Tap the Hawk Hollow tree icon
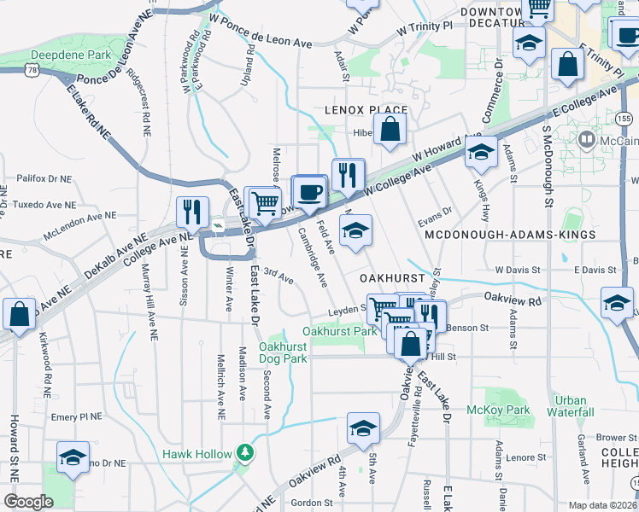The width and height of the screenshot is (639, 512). pyautogui.click(x=245, y=451)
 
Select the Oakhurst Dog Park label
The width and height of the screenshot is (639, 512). pyautogui.click(x=283, y=352)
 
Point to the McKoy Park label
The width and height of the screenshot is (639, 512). pyautogui.click(x=507, y=410)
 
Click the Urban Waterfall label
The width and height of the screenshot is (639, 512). pyautogui.click(x=570, y=406)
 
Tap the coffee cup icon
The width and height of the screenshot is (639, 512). pyautogui.click(x=308, y=192)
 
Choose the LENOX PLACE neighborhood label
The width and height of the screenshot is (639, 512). pyautogui.click(x=366, y=111)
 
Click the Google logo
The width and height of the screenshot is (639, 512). pyautogui.click(x=29, y=501)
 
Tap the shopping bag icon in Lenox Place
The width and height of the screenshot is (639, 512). pyautogui.click(x=390, y=131)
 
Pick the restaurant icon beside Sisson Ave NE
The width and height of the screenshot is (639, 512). pyautogui.click(x=192, y=212)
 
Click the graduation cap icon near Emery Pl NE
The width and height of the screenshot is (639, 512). pyautogui.click(x=73, y=457)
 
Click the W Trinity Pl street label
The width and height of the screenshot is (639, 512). pyautogui.click(x=425, y=28)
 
